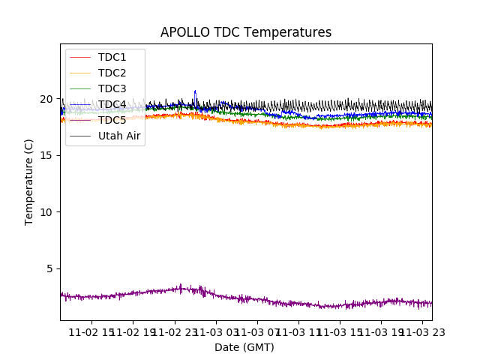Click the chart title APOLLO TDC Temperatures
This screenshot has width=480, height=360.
point(245,32)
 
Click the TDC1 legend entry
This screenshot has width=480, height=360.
point(112,57)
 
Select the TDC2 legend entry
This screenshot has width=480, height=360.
point(112,73)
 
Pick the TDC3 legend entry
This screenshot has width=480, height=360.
point(112,88)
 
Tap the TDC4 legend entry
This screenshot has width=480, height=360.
point(112,104)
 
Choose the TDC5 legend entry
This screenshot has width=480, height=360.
point(112,120)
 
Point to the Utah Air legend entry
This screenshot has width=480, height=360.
point(119,136)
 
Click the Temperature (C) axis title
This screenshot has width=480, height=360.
point(29,181)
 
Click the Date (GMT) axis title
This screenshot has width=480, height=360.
point(244,347)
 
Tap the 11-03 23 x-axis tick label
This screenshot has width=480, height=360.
point(421,331)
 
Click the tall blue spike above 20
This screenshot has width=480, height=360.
point(195,92)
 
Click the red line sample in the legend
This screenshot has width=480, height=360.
point(79,57)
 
